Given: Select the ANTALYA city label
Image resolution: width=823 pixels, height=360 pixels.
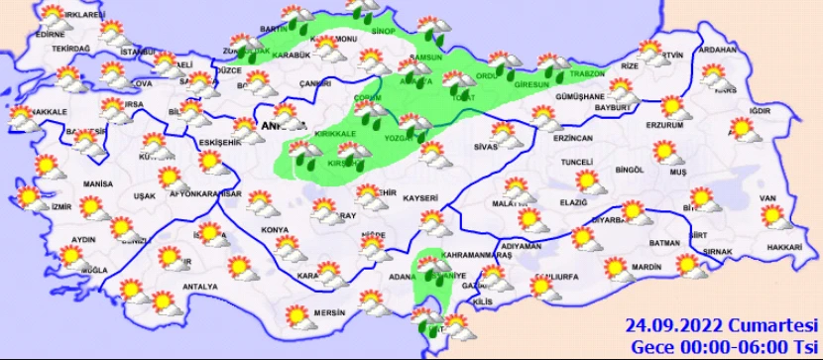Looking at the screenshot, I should click(x=199, y=287).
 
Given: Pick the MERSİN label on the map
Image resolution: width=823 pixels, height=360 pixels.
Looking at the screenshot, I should click(x=327, y=312).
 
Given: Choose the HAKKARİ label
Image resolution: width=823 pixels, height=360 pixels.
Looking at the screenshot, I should click(x=783, y=245).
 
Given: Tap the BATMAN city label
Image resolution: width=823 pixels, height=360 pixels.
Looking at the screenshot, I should click(x=662, y=243).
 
